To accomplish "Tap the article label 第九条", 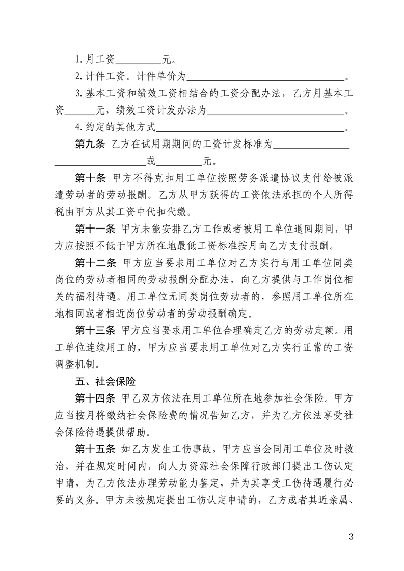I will (90, 145).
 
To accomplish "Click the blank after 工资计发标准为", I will (311, 146).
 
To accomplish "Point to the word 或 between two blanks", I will (150, 162).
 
